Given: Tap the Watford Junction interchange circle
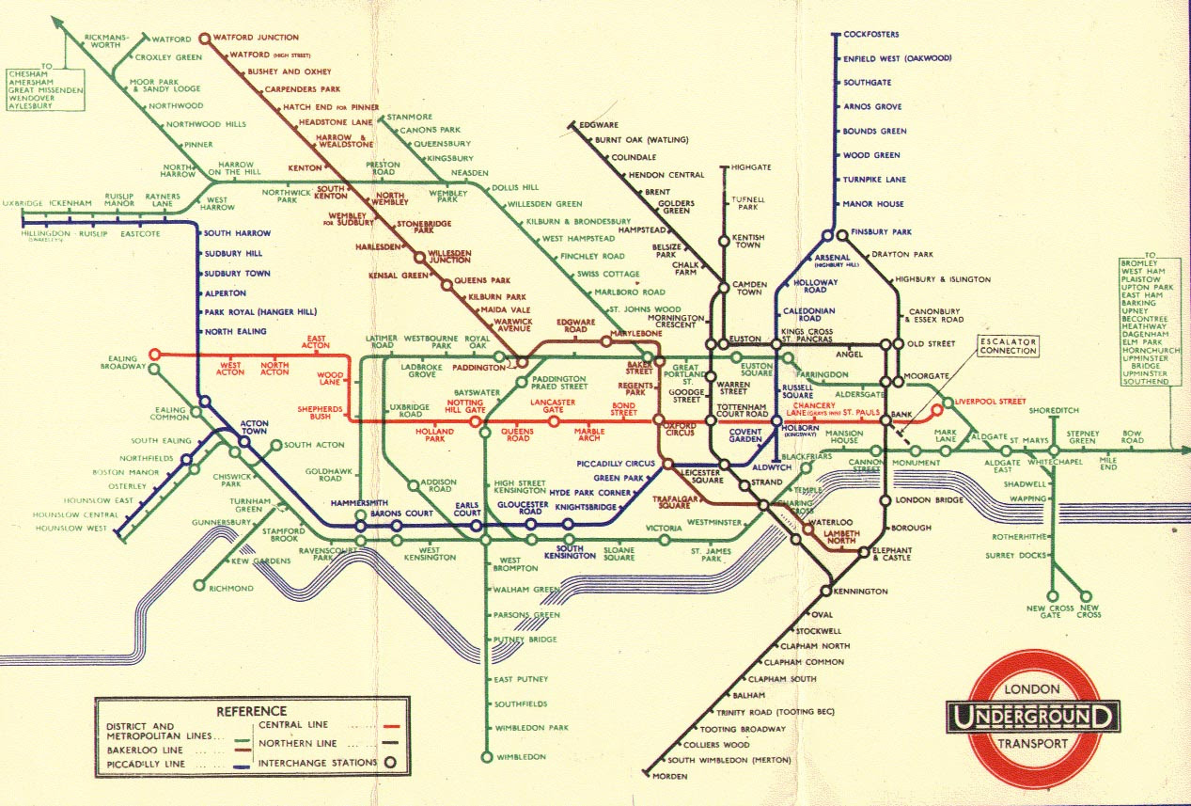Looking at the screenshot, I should [x=205, y=39].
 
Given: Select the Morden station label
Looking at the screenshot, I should [x=672, y=777].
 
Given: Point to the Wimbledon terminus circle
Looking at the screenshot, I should [x=487, y=756].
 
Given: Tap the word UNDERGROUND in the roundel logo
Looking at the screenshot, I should [x=1033, y=718].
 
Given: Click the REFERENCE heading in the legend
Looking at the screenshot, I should [x=252, y=711].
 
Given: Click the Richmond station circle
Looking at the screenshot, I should [x=199, y=585].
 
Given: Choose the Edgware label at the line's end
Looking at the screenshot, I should [x=599, y=125].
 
